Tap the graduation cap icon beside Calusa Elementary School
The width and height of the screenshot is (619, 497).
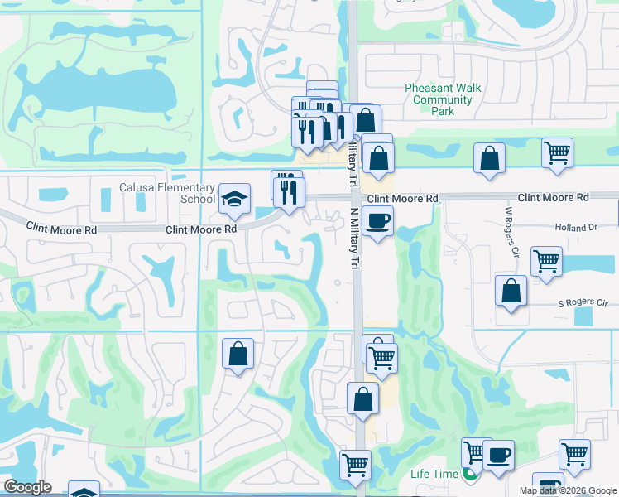tap(235, 198)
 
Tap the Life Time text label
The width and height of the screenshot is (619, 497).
tap(434, 474)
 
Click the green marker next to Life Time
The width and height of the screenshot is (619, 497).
tap(470, 475)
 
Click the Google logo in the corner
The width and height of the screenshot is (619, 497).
tap(27, 487)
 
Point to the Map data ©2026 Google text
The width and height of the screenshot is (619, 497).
tap(566, 490)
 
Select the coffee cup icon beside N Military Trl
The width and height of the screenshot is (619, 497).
tap(377, 221)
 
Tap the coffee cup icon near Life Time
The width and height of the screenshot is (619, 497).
tap(497, 455)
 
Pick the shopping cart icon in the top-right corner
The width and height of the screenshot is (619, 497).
tap(557, 152)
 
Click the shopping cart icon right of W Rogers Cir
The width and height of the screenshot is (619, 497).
tap(546, 261)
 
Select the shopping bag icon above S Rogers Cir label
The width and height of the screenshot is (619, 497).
tap(511, 291)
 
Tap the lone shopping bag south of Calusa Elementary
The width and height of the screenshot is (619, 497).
tap(238, 354)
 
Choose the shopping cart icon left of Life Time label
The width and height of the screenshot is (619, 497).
tap(354, 465)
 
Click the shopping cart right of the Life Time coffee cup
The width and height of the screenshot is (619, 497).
tap(574, 453)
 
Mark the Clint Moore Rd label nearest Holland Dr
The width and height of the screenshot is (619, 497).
tap(554, 198)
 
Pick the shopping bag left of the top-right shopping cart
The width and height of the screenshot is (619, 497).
tap(489, 157)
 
